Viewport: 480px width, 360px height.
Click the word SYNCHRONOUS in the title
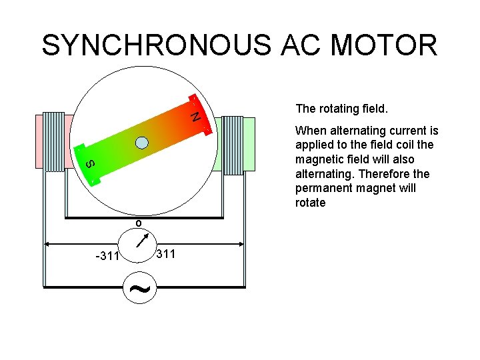point(156,45)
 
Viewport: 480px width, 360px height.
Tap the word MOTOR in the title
point(384,45)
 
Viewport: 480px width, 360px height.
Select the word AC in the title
point(299,45)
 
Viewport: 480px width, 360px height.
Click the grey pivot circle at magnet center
point(142,141)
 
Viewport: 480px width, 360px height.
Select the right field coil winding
point(232,145)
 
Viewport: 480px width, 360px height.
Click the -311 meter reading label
point(107,256)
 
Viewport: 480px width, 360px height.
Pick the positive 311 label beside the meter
point(165,253)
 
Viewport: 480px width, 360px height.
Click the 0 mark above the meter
point(138,222)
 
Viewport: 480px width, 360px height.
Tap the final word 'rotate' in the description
point(310,203)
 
